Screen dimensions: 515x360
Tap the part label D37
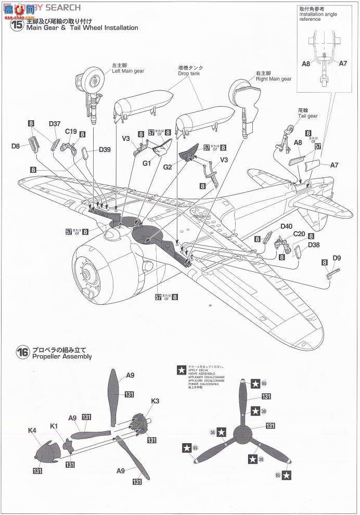(x=55, y=124)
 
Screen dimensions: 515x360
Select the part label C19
(x=71, y=132)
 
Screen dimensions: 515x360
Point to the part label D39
(x=105, y=150)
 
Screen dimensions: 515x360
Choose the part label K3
(x=155, y=401)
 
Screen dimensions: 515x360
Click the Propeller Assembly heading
(x=61, y=356)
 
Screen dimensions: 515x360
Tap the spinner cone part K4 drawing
(x=44, y=449)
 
